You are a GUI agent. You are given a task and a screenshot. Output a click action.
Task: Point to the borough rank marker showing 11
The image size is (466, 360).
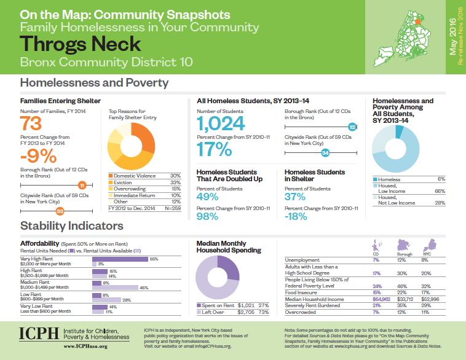click(x=81, y=184)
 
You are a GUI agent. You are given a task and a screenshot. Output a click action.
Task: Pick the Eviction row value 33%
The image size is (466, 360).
click(x=176, y=182)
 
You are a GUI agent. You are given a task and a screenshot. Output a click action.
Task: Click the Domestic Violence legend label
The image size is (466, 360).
click(x=135, y=176)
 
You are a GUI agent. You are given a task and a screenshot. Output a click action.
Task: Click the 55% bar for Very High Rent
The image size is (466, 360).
click(x=120, y=259)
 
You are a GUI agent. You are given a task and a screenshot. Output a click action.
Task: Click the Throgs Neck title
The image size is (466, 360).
click(x=81, y=44)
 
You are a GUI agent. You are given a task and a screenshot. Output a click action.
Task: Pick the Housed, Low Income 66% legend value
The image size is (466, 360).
click(x=440, y=191)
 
